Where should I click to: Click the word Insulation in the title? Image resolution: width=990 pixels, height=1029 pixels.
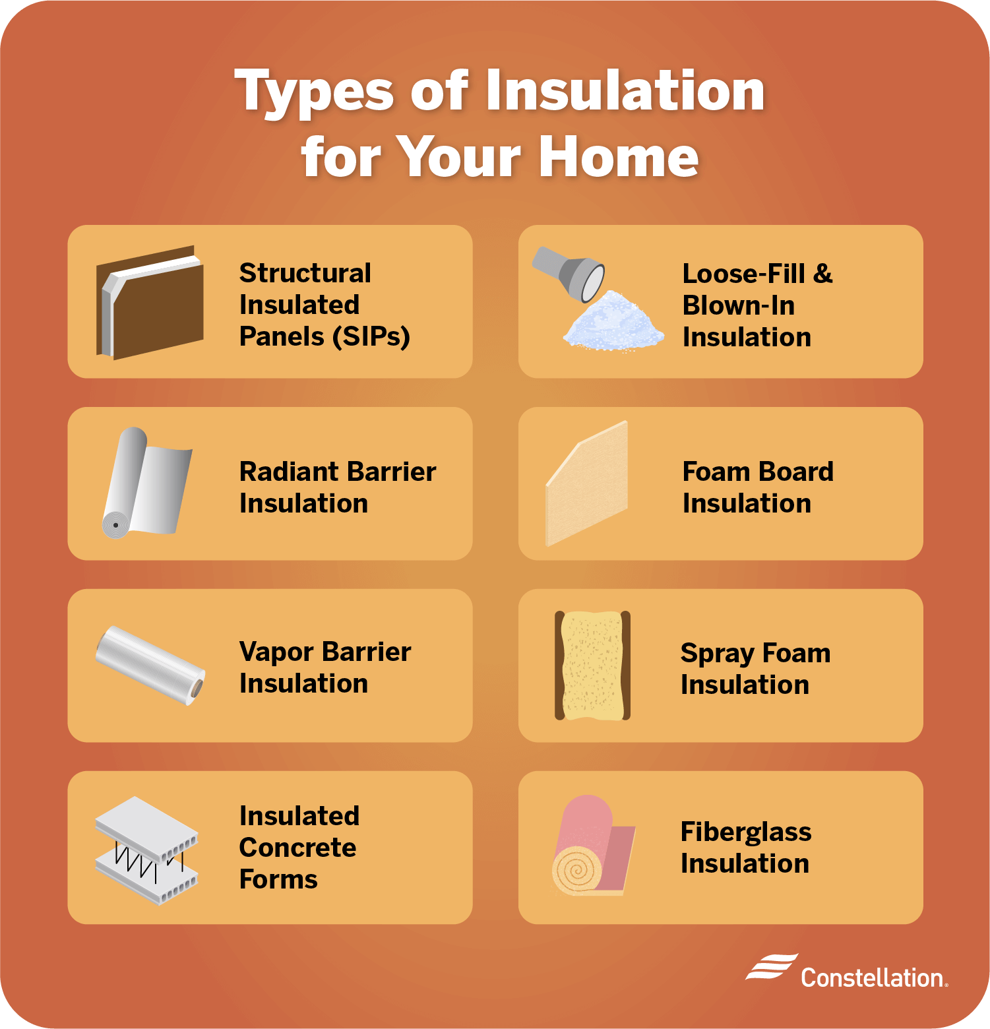tap(625, 91)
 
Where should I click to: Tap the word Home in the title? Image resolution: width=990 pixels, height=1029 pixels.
tap(618, 157)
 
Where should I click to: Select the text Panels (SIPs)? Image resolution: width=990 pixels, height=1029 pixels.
tap(325, 336)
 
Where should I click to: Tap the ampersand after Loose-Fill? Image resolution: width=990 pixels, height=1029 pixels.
tap(822, 273)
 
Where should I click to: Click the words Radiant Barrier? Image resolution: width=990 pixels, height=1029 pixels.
tap(337, 472)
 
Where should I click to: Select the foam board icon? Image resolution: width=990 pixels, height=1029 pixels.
tap(587, 485)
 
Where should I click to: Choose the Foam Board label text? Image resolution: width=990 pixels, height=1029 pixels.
tap(758, 472)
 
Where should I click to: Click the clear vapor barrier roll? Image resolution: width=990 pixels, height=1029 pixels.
tap(150, 664)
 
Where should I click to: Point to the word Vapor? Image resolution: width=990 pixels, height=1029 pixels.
tap(276, 652)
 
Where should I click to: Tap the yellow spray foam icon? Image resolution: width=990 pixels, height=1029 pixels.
tap(592, 665)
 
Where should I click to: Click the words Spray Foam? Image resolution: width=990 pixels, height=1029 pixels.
tap(755, 653)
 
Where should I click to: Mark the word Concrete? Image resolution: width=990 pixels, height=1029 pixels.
tap(297, 848)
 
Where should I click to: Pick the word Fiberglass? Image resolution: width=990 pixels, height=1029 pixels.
tap(746, 832)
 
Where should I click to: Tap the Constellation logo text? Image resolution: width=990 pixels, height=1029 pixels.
tap(873, 978)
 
